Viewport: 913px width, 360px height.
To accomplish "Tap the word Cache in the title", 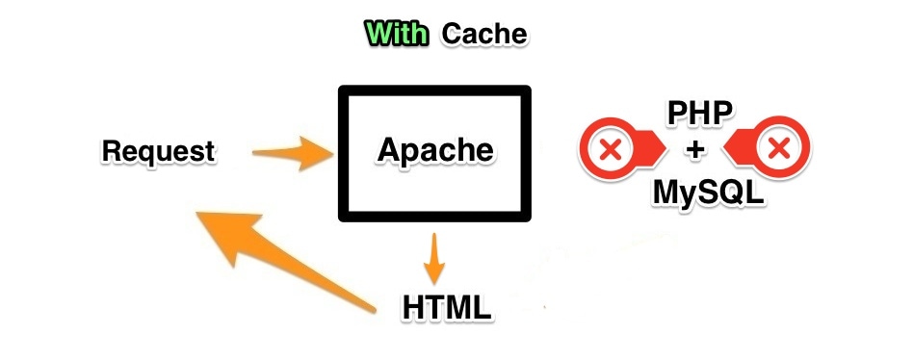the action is coord(484,35).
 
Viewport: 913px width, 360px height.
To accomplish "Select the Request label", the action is coord(158,151).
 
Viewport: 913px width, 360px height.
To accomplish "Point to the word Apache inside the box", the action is coord(435,149).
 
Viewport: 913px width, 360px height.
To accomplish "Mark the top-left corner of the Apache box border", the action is coord(342,90).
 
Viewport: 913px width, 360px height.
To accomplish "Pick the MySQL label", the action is coord(708,193).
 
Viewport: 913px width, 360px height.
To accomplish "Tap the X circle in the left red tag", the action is coord(609,150).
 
